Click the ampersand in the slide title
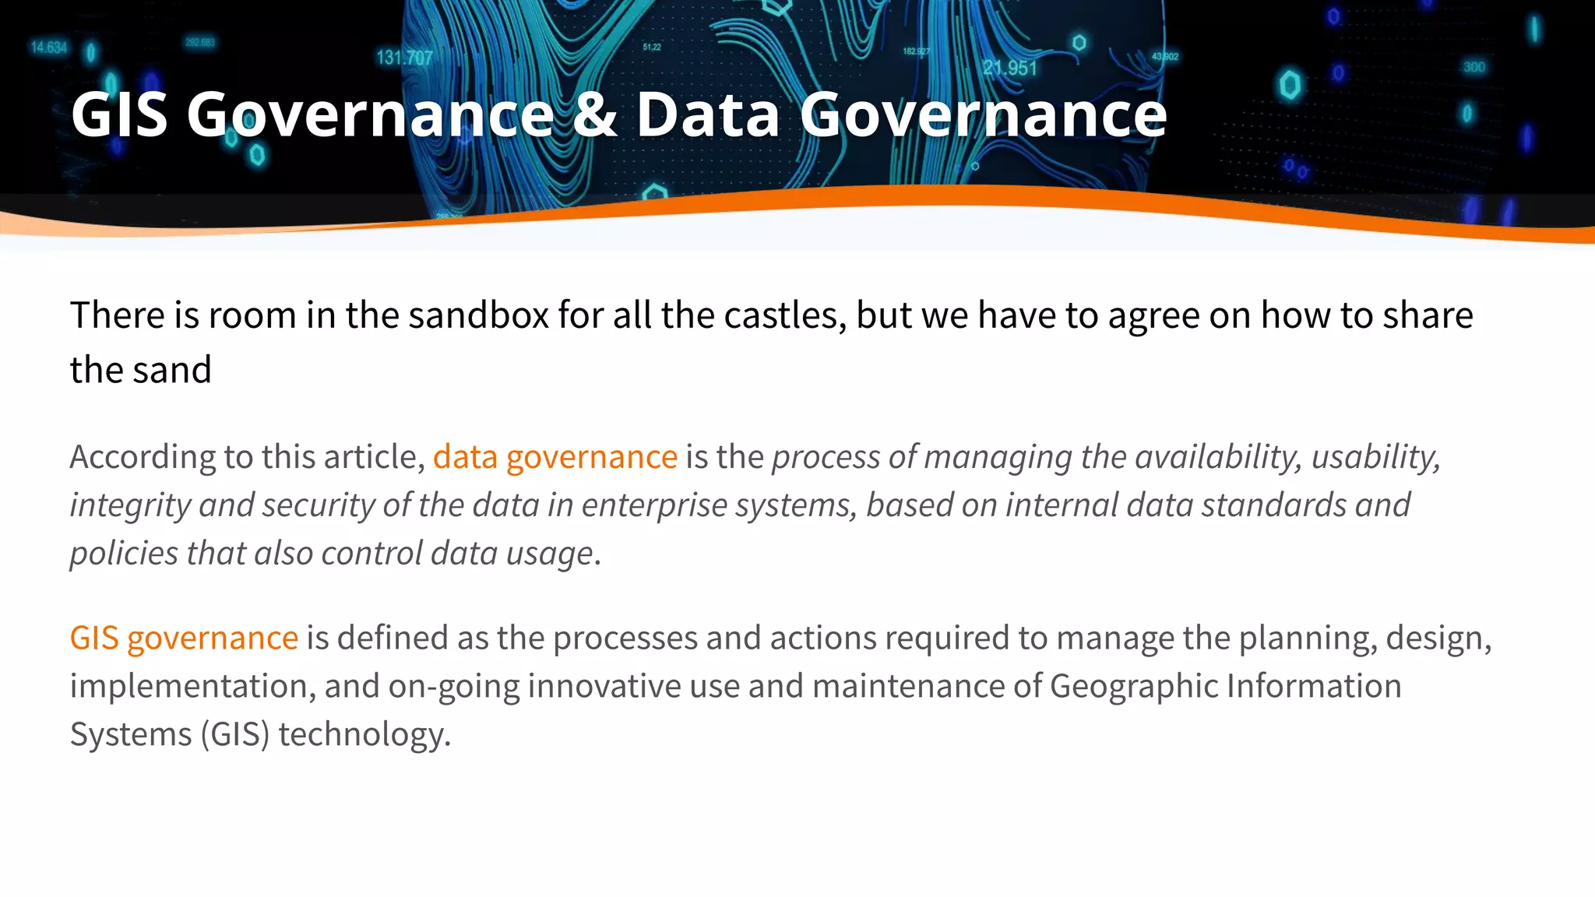[594, 115]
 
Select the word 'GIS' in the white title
[118, 115]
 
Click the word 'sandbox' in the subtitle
[478, 316]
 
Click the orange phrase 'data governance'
[555, 457]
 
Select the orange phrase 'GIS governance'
[184, 638]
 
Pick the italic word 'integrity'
[130, 505]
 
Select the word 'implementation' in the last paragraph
[192, 687]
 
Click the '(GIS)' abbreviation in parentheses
[234, 735]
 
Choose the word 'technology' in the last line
[362, 735]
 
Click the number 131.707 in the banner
[404, 58]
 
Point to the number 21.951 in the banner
[1009, 69]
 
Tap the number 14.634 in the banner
[48, 48]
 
